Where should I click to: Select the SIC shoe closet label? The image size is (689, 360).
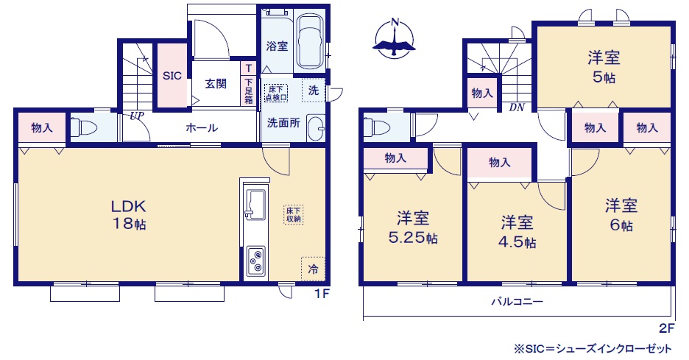(x=172, y=76)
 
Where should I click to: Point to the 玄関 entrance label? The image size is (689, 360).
(x=216, y=83)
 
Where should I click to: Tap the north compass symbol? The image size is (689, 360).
(x=394, y=39)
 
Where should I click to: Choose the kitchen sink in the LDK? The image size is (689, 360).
(x=255, y=203)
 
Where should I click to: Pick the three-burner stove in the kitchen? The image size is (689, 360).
(x=255, y=261)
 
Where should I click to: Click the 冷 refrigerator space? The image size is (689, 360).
(x=313, y=269)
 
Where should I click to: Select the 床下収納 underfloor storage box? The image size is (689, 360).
(x=293, y=215)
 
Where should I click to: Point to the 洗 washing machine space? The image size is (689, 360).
(x=314, y=90)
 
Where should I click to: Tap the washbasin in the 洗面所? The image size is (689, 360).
(x=315, y=128)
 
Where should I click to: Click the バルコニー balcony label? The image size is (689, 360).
(x=517, y=302)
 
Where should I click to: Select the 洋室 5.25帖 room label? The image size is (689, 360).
(x=413, y=227)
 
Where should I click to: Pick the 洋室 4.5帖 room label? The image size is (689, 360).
(x=517, y=232)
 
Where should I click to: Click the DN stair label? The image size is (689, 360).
(x=517, y=107)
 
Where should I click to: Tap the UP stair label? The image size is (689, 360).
(x=137, y=116)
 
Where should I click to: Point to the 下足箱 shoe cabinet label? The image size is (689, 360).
(x=249, y=91)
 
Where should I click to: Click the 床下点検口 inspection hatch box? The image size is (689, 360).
(x=276, y=93)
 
